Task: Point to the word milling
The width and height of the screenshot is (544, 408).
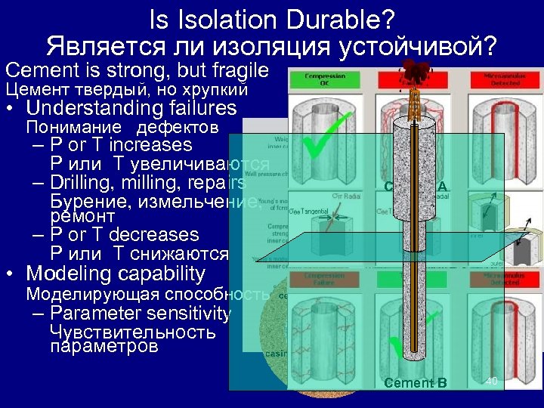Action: pyautogui.click(x=159, y=183)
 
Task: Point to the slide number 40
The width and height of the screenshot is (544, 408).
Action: pyautogui.click(x=491, y=381)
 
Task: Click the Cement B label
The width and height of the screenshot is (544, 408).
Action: pyautogui.click(x=416, y=383)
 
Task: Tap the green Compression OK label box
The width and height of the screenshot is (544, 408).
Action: pyautogui.click(x=325, y=78)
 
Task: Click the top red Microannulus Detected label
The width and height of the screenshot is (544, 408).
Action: pyautogui.click(x=498, y=78)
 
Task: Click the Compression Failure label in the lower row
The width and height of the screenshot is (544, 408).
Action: pyautogui.click(x=324, y=280)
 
